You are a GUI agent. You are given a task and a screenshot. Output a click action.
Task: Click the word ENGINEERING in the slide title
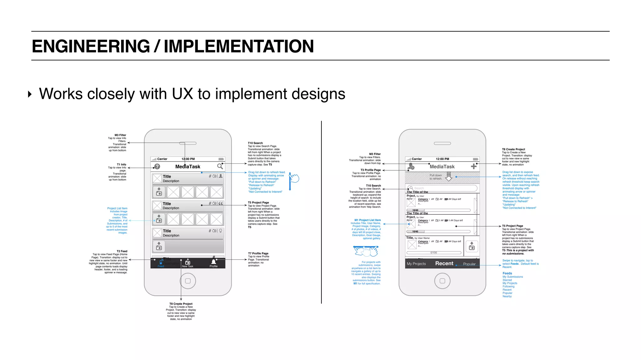(x=91, y=46)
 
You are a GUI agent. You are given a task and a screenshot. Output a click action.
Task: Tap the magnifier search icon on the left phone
(x=220, y=166)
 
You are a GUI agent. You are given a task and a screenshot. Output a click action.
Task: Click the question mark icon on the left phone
(x=157, y=167)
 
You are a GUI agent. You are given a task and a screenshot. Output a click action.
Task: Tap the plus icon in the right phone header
(x=474, y=167)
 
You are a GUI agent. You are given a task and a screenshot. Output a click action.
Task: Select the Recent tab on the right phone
(x=444, y=264)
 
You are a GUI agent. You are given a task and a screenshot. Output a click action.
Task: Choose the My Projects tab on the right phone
(x=416, y=264)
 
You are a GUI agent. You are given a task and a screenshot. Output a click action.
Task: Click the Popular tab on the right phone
(x=469, y=264)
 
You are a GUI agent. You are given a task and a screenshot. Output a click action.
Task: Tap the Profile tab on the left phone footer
(x=213, y=263)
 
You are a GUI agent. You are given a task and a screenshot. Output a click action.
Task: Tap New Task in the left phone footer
(x=187, y=263)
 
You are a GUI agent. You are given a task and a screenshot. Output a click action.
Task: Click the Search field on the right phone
(x=442, y=188)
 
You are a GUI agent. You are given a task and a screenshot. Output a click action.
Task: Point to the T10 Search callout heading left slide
(x=255, y=143)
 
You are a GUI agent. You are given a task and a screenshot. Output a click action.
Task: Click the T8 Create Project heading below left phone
(x=181, y=304)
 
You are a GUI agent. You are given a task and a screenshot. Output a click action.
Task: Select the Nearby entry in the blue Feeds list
(x=507, y=296)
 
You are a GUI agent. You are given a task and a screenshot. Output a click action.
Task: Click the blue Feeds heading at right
(x=507, y=273)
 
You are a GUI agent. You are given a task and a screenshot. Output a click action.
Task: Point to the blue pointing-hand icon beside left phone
(x=294, y=178)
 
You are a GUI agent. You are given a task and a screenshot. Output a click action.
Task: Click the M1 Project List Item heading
(x=367, y=220)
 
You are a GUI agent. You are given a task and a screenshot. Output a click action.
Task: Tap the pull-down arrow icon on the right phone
(x=449, y=177)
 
